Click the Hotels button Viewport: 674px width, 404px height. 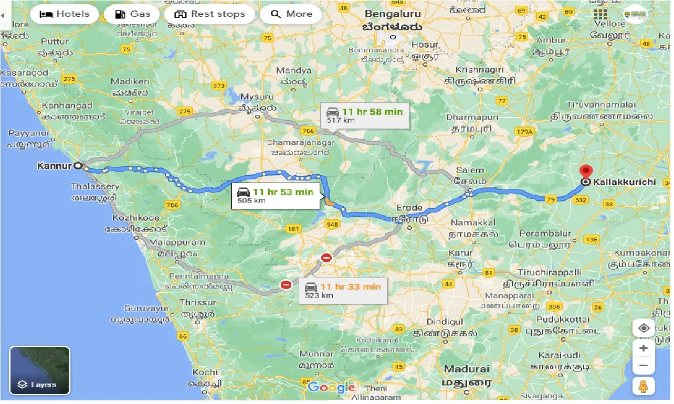click(64, 14)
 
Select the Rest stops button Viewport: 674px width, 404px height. click(209, 14)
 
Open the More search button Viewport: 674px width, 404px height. click(291, 14)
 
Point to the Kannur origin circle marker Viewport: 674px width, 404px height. click(78, 166)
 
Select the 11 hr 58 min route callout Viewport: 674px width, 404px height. click(365, 115)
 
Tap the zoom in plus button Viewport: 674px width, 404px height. click(644, 348)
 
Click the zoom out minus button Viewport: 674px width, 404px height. click(644, 366)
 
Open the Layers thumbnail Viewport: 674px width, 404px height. click(39, 370)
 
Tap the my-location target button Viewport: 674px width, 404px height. click(644, 328)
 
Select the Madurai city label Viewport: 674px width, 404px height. click(467, 369)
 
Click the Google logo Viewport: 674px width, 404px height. click(331, 387)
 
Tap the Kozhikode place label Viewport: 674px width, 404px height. click(136, 217)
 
